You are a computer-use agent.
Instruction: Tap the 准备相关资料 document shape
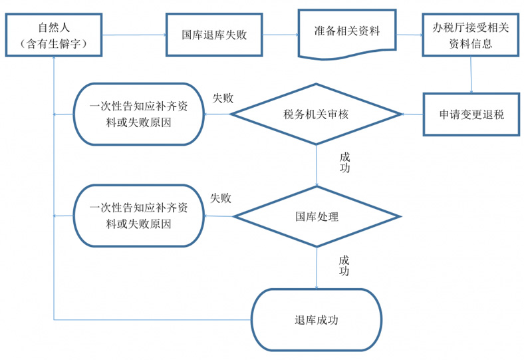[346, 32]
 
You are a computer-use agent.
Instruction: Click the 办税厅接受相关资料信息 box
[470, 35]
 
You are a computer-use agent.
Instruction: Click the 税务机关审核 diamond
[316, 114]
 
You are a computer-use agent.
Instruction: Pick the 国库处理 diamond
[317, 216]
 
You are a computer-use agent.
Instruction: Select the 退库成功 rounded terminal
[317, 319]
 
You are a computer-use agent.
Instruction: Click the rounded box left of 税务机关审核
[138, 114]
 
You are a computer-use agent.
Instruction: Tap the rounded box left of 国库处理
[138, 216]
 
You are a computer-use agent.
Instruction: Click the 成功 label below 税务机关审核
[344, 162]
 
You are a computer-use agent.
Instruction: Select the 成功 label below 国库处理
[344, 266]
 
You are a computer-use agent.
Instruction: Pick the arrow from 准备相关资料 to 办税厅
[410, 35]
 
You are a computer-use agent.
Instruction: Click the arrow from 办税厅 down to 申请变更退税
[471, 75]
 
